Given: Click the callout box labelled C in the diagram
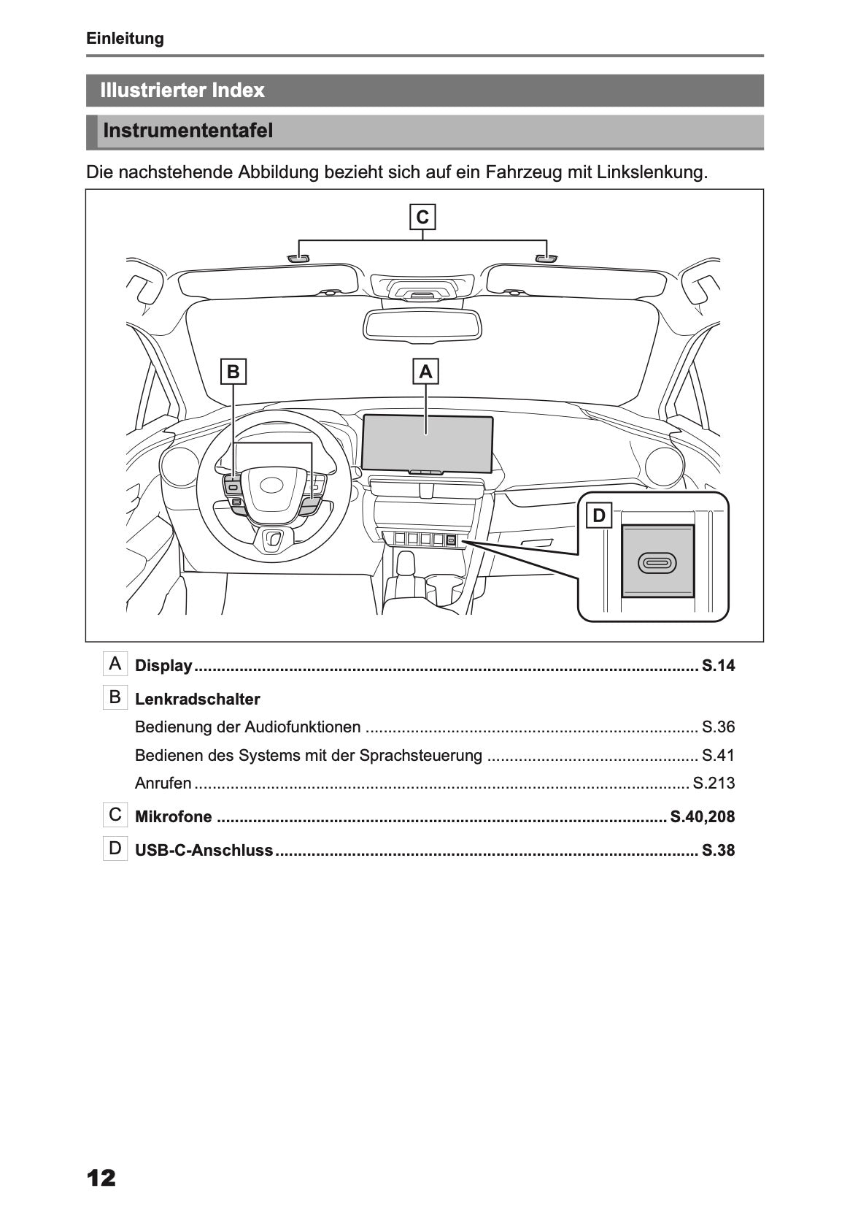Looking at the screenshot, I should coord(422,218).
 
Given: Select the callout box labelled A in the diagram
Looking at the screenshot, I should coord(425,372).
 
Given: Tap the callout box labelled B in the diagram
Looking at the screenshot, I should coord(233,372).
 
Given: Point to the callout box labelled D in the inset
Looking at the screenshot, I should coord(599,516).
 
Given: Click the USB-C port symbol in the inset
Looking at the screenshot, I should coord(657,563).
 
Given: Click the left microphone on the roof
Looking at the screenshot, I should coord(298,258).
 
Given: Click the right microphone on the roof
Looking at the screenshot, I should coord(546,258).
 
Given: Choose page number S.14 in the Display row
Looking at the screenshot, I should coord(718,666).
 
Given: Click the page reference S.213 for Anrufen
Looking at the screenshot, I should coord(714,783).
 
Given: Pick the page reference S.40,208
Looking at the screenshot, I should coord(702,817).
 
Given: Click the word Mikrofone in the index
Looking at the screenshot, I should coord(174,817).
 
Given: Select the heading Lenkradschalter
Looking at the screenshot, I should coord(198,700).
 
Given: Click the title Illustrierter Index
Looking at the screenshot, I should coord(182,91).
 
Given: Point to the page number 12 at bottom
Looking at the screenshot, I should coord(101,1178).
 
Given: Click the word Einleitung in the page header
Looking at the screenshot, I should coord(125,39).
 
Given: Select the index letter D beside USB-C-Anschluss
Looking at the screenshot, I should coord(115,848).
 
